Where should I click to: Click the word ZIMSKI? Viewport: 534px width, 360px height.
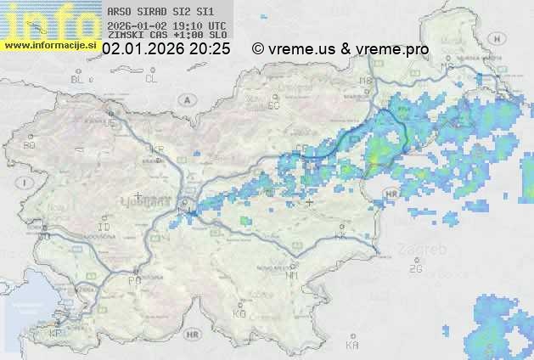coord(126,37)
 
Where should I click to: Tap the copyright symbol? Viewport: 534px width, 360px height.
coord(258,49)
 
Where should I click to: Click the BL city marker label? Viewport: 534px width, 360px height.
coord(76,79)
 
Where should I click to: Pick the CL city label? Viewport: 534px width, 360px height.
coord(151,79)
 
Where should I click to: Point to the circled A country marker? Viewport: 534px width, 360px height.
coord(186,98)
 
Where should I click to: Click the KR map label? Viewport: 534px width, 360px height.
coord(156,149)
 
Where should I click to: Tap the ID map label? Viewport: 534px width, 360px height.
coord(104,228)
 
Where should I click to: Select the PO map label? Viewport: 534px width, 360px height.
coord(133,279)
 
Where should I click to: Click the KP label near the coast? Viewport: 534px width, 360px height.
coord(56,333)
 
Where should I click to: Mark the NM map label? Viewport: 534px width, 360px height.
coord(293,275)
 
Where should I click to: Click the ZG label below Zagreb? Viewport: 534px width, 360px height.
coord(416,269)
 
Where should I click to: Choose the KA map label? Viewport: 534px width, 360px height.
coord(352,345)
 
